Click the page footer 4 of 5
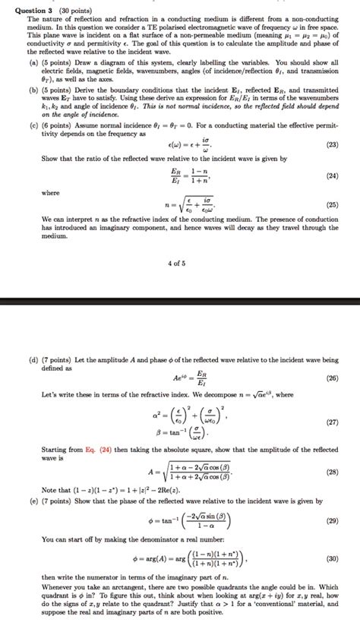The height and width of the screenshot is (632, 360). coord(178,264)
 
